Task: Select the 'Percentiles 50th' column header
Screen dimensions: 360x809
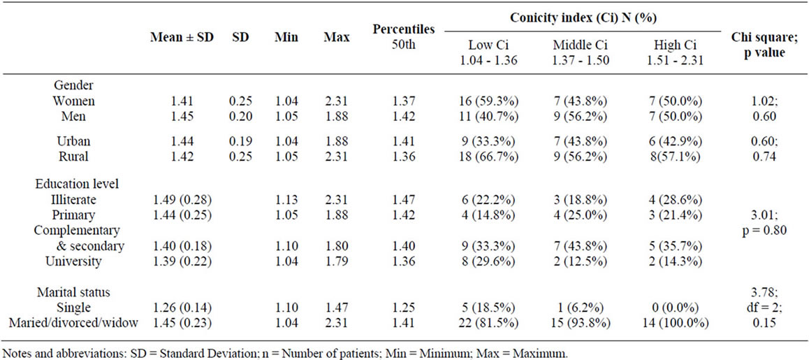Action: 404,36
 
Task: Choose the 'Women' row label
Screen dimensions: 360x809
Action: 74,101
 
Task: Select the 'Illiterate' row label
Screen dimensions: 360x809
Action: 73,200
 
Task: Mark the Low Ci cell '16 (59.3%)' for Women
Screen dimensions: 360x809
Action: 487,101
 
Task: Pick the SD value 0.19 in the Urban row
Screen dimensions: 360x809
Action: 241,141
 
